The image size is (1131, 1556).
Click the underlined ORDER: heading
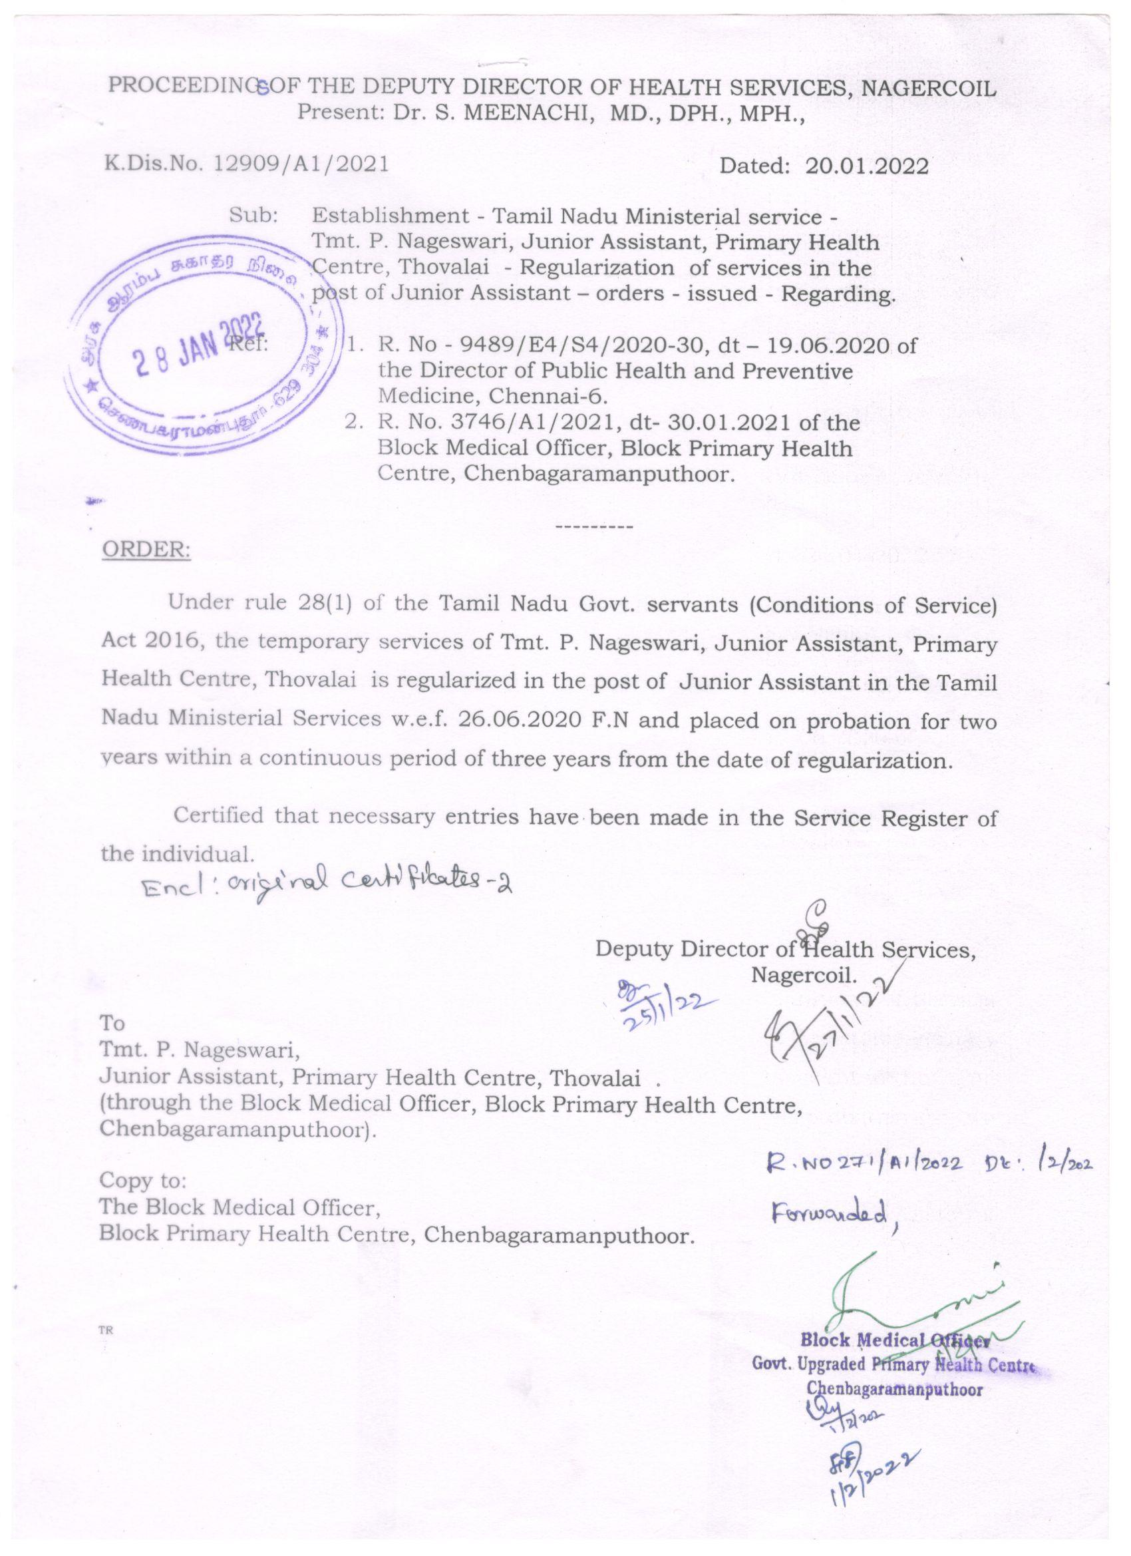tap(146, 550)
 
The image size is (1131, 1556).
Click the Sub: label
tap(253, 216)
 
